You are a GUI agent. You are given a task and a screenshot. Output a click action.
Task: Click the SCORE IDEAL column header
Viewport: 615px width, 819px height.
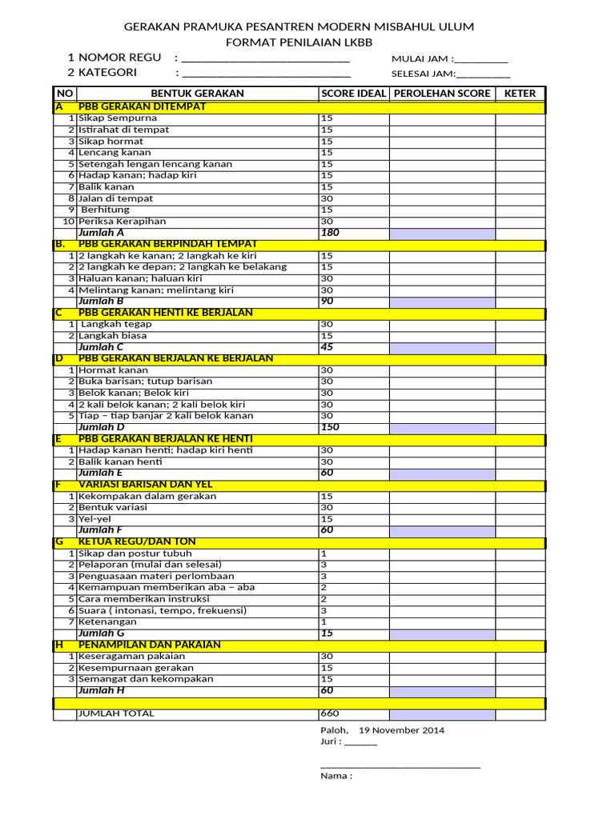coord(353,94)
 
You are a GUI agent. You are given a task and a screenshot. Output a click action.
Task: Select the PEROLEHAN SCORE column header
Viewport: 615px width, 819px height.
coord(441,94)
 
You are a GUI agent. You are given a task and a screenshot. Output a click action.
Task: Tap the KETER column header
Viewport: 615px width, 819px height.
coord(520,94)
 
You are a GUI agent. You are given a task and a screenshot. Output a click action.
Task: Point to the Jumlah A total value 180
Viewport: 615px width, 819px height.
coord(330,233)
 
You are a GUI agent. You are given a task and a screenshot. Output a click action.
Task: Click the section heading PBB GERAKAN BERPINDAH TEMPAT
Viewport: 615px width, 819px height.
coord(167,244)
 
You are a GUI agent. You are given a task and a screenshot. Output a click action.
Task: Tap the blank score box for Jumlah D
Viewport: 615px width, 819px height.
coord(441,428)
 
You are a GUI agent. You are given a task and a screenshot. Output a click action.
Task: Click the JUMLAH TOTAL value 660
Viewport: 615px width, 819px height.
coord(330,714)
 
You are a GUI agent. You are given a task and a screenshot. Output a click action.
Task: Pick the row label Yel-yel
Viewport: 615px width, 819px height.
coord(94,519)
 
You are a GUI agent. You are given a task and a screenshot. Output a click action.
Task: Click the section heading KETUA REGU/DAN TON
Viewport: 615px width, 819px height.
coord(138,542)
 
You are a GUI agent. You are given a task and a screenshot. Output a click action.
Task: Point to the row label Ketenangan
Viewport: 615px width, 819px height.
coord(107,621)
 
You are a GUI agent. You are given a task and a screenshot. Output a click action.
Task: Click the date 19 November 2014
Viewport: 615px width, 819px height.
coord(401,730)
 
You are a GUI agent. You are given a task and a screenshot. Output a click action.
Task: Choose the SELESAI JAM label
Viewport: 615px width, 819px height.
coord(423,74)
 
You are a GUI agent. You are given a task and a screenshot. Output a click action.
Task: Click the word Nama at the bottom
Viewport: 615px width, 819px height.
coord(336,775)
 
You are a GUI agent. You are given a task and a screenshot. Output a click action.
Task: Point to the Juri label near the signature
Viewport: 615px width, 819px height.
coord(331,742)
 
